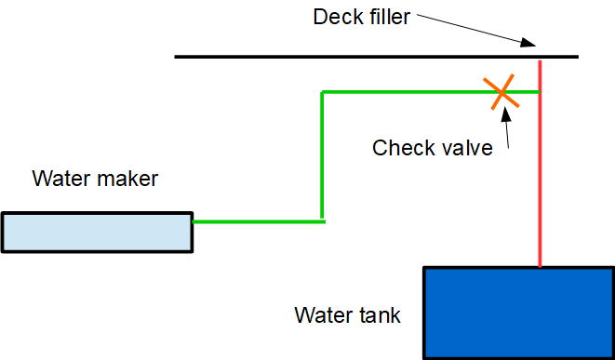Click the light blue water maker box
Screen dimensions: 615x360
pos(97,233)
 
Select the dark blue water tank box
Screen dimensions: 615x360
pos(519,313)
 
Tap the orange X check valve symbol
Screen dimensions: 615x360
pos(501,92)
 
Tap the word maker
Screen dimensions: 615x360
pos(127,179)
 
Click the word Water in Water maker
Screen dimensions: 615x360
pos(61,179)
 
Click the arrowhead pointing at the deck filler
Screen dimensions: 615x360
pos(528,43)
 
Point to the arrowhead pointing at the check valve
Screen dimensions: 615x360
pos(506,113)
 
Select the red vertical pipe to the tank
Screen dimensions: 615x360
pos(540,164)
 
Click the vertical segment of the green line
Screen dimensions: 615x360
pos(322,155)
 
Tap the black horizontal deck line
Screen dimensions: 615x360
pos(377,57)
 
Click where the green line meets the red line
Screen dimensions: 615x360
pos(540,92)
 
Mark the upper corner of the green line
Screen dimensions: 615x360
pos(322,92)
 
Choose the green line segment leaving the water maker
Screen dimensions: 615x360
pos(259,221)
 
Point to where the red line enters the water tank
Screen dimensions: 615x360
pos(540,267)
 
